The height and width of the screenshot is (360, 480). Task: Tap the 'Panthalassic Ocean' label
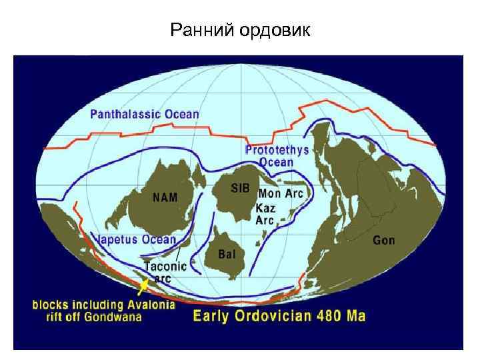tap(145, 113)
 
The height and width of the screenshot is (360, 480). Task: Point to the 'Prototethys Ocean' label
tap(277, 156)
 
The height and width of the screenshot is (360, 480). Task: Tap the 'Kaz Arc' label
tap(266, 213)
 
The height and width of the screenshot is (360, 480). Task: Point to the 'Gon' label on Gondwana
tap(383, 240)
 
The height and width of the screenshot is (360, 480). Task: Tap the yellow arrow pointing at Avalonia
tap(142, 287)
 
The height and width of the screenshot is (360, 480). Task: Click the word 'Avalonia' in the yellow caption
tap(151, 305)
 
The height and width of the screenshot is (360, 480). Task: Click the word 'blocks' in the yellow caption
tap(51, 305)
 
